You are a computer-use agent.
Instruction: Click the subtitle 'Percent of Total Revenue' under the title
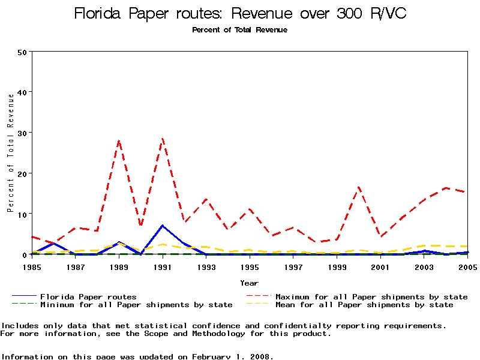coord(239,30)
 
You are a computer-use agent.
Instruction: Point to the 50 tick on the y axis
coord(22,52)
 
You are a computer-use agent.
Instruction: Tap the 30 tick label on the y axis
coord(22,133)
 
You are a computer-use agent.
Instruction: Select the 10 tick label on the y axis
coord(22,214)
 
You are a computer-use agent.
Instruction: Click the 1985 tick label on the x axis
coord(32,267)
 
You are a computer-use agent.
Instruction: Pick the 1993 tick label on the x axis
coord(206,267)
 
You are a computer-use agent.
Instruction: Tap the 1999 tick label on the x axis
coord(337,267)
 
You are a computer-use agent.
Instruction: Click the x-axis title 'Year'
coord(249,283)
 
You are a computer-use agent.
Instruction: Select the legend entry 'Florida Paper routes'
coord(88,296)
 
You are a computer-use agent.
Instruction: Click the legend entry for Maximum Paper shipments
coord(371,296)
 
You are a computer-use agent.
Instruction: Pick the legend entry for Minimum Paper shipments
coord(136,305)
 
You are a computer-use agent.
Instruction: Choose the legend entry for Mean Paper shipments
coord(364,305)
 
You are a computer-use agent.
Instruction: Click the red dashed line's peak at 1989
coord(119,140)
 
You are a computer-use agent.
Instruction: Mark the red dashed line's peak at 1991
coord(163,139)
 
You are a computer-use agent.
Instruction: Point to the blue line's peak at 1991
coord(163,226)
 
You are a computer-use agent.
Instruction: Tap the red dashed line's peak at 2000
coord(358,187)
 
